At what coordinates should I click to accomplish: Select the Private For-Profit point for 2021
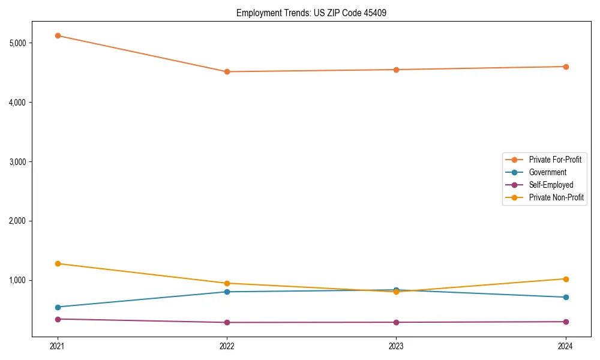[x=58, y=35]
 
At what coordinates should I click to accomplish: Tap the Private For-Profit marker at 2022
[x=227, y=72]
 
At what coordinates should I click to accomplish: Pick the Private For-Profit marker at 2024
[x=565, y=67]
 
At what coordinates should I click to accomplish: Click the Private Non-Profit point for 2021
[x=58, y=263]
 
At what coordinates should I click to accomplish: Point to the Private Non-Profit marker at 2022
[x=227, y=283]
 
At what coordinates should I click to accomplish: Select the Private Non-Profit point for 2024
[x=565, y=279]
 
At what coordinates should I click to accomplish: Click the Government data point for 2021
[x=58, y=307]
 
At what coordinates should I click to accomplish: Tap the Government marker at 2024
[x=565, y=297]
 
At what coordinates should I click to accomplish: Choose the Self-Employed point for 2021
[x=58, y=319]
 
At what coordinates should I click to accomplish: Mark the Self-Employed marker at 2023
[x=396, y=322]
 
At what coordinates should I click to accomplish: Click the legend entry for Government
[x=547, y=172]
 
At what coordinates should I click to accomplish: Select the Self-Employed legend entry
[x=551, y=185]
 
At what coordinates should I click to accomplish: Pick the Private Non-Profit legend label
[x=556, y=197]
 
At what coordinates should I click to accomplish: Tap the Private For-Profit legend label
[x=555, y=160]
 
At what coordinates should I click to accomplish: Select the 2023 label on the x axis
[x=396, y=346]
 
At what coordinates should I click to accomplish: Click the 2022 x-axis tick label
[x=227, y=346]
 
